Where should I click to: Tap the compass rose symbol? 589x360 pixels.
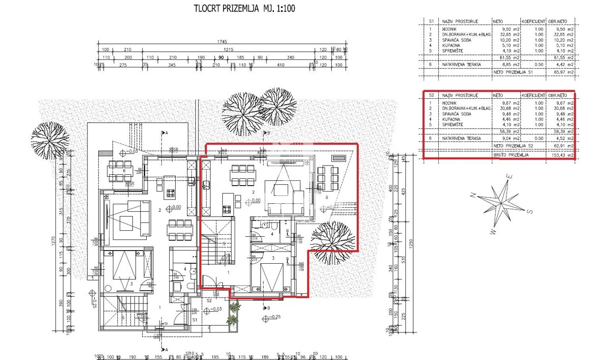click(x=501, y=200)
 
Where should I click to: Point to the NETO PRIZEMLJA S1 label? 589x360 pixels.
click(x=513, y=72)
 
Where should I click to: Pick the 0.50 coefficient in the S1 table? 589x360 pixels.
click(x=538, y=63)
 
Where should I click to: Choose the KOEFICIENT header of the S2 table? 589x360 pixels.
click(x=533, y=95)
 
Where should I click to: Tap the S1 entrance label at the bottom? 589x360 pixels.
click(x=195, y=319)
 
